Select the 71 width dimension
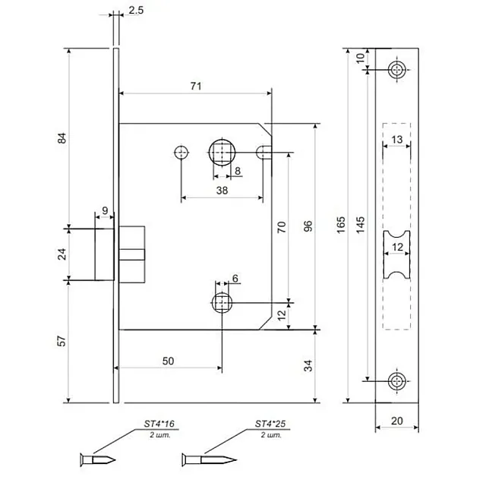pos(195,87)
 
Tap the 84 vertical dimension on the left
pos(63,137)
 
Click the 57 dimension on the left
pos(63,342)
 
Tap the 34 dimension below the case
pos(308,367)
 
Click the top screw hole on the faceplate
pos(397,71)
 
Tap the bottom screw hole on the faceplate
pos(397,380)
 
